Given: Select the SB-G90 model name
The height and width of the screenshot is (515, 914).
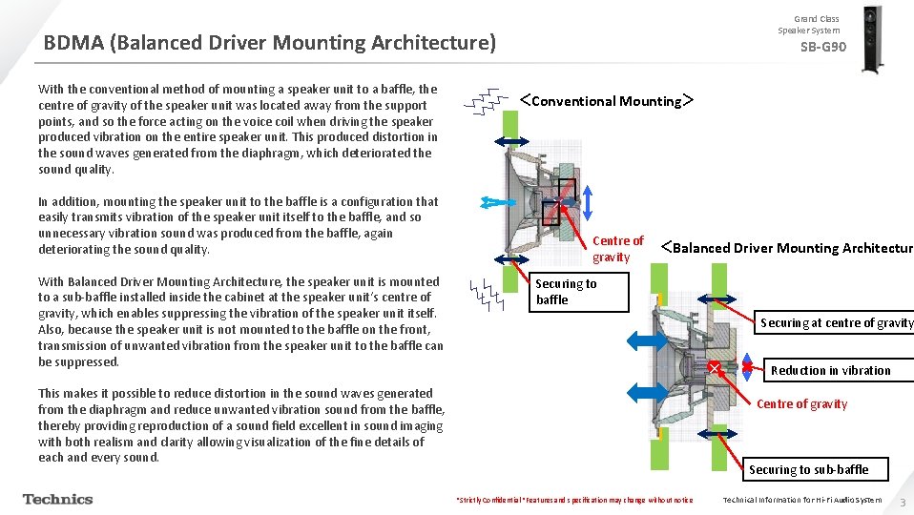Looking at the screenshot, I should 822,48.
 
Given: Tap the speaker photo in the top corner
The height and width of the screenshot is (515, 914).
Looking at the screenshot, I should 871,38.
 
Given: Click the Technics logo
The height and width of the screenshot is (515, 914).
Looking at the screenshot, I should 58,499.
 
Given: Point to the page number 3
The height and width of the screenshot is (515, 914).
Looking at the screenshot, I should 902,501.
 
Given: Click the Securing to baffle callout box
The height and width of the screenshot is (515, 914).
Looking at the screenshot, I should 580,292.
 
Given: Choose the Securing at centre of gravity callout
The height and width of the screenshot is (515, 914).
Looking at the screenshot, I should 837,323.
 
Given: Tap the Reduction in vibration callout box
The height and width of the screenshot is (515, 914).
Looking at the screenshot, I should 830,371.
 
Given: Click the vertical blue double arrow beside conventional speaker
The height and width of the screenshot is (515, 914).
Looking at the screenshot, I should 589,202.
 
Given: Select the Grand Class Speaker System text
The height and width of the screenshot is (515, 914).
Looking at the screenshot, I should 816,25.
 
